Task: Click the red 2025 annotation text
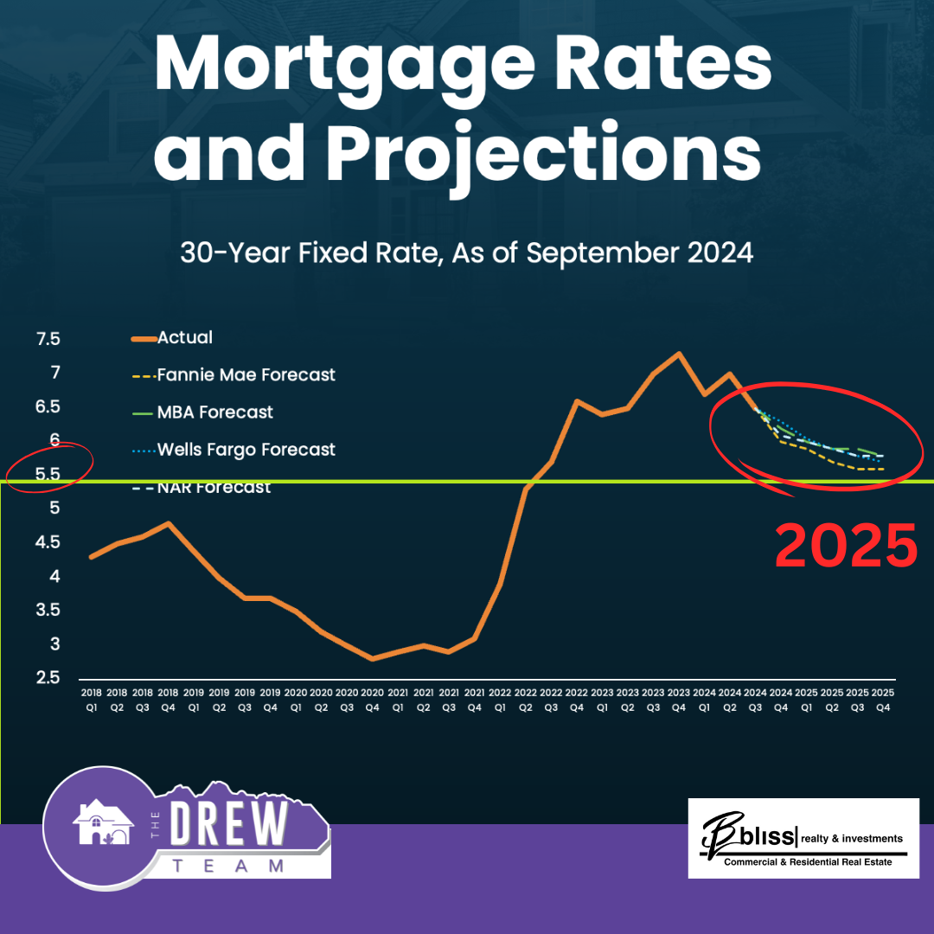[x=845, y=546]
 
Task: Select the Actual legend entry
[x=184, y=337]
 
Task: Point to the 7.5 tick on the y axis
[x=48, y=339]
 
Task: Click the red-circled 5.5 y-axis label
[x=48, y=475]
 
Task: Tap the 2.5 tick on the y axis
[x=48, y=678]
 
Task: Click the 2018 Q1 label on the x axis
[x=92, y=699]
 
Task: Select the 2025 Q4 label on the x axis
[x=882, y=699]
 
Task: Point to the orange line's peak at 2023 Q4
[x=679, y=353]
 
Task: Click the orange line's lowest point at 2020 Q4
[x=372, y=659]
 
